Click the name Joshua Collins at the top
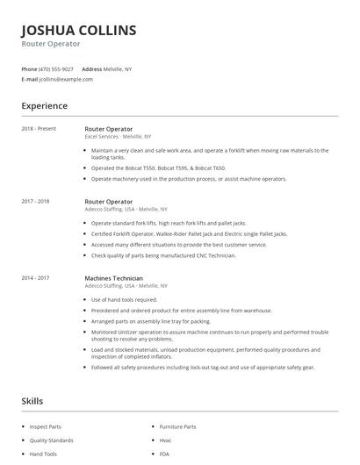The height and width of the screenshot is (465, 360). [x=78, y=30]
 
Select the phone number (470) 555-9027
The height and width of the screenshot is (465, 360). [x=56, y=68]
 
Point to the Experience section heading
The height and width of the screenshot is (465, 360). [x=44, y=106]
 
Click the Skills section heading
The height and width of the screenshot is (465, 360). [x=32, y=401]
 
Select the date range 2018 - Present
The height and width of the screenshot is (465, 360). [x=39, y=129]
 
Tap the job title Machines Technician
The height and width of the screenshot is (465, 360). [x=113, y=278]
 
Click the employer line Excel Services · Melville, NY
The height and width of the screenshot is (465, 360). [x=118, y=137]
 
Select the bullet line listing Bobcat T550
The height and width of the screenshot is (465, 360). [x=158, y=168]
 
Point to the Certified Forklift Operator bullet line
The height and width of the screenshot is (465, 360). [x=189, y=234]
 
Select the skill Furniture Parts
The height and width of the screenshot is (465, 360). [x=177, y=426]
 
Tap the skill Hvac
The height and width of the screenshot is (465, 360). [x=165, y=440]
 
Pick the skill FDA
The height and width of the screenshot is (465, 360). [x=164, y=454]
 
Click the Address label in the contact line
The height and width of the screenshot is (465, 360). [x=91, y=68]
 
